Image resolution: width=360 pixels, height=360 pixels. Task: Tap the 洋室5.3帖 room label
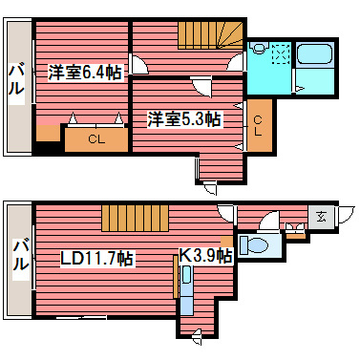tap(184, 119)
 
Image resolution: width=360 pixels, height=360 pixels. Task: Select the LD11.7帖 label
tap(96, 258)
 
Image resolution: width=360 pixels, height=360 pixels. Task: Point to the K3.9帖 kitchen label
tap(206, 255)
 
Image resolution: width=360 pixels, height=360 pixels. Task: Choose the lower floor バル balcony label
tap(17, 257)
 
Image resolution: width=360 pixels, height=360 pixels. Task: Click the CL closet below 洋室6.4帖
tap(95, 139)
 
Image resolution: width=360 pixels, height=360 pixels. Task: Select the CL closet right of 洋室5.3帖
tap(258, 124)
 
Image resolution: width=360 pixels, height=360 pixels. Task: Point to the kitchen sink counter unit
tap(186, 296)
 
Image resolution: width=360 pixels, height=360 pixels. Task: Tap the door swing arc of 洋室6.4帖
tap(139, 65)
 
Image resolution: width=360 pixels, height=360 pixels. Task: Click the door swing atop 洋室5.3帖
tap(204, 89)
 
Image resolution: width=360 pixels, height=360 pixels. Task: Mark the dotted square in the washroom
tap(279, 53)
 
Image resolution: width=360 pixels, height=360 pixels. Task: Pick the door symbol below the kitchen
tap(196, 333)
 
